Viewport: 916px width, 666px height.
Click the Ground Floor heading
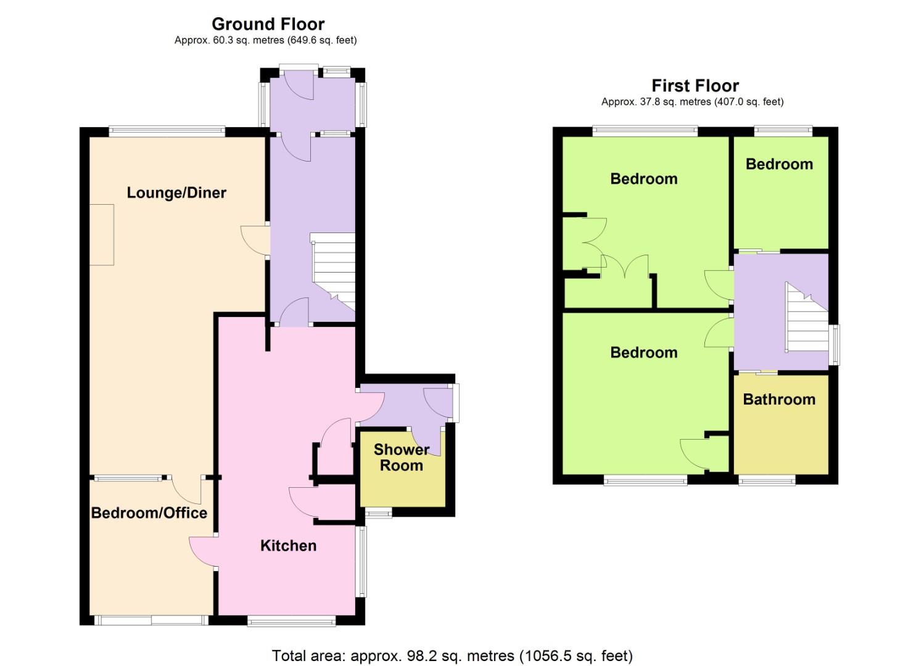(268, 24)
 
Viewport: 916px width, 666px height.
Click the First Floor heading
(695, 86)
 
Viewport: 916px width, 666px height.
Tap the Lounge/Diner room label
(176, 193)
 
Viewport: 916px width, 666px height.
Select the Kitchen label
(288, 546)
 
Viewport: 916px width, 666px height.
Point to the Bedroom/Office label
(149, 513)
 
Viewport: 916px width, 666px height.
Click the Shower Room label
(401, 458)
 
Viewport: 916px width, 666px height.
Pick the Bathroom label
(779, 400)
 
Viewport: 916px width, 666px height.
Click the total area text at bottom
(452, 656)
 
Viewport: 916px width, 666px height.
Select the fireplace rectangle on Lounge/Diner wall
(102, 234)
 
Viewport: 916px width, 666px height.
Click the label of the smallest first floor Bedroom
(779, 165)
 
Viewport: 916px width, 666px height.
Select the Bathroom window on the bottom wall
(767, 480)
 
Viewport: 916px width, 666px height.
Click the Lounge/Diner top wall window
(167, 131)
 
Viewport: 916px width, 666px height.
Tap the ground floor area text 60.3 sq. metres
(265, 41)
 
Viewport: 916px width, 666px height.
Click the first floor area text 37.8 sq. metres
(692, 102)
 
